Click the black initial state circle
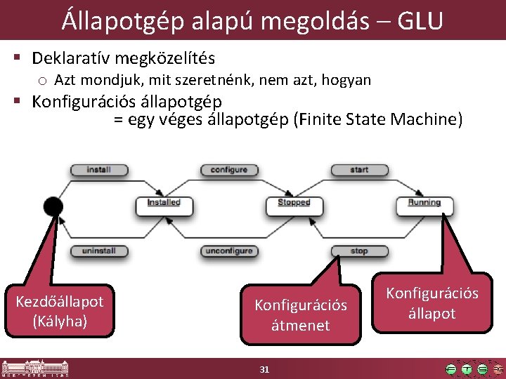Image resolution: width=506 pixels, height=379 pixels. click(x=53, y=206)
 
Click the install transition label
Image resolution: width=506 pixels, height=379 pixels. click(x=98, y=170)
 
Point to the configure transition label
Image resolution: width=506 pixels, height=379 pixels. click(x=229, y=170)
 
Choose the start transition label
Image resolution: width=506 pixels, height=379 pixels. click(x=359, y=170)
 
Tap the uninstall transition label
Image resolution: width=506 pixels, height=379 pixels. click(x=98, y=251)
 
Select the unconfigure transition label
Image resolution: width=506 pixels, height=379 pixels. click(x=229, y=251)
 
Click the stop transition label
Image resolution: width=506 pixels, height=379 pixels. click(x=359, y=251)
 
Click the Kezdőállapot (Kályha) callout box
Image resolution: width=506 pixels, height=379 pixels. click(x=59, y=311)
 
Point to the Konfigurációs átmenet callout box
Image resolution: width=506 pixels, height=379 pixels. click(x=301, y=315)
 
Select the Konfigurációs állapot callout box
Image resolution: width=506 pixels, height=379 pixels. click(x=432, y=302)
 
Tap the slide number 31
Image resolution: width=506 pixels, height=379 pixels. click(x=264, y=369)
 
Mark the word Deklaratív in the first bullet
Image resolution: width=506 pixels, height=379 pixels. click(x=74, y=58)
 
